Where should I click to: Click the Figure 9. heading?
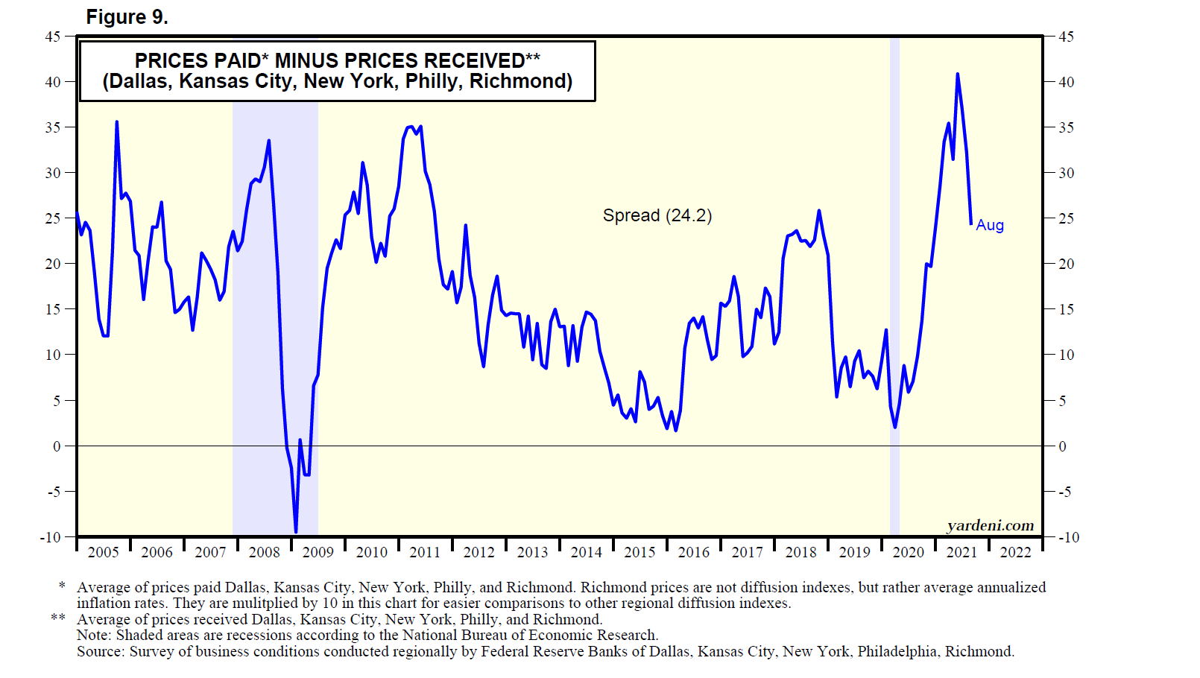(127, 17)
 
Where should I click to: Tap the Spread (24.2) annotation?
(657, 215)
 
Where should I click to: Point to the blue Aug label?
(989, 225)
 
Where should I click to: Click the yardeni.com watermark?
(990, 525)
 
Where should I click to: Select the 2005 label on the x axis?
(103, 552)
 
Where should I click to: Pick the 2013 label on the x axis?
(532, 552)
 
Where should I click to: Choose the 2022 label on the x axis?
(1015, 552)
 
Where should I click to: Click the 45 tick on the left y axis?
(52, 36)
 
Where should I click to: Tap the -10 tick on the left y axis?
(50, 537)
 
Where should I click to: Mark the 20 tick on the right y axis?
(1067, 264)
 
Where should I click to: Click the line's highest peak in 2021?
(957, 74)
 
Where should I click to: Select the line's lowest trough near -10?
(296, 532)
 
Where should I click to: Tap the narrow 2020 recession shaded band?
(894, 298)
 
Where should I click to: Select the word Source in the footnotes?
(101, 652)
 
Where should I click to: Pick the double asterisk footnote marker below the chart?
(57, 619)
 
